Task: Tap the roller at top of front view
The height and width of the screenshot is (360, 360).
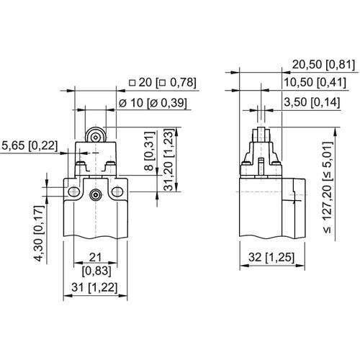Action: (96, 136)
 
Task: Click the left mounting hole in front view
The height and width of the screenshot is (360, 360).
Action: (73, 192)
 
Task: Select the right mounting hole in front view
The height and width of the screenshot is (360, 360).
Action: (118, 192)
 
